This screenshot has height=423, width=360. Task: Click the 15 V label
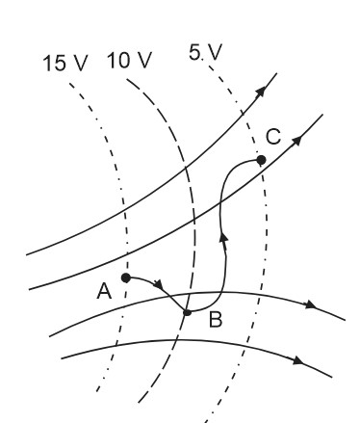tap(65, 63)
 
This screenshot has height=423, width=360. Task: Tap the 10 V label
tap(129, 60)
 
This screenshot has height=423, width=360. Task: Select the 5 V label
tap(205, 52)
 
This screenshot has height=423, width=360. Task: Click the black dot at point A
tap(126, 278)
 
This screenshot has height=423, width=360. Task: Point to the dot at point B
tap(187, 312)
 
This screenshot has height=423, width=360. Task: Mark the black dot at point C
tap(261, 160)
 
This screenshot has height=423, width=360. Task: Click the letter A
tap(104, 292)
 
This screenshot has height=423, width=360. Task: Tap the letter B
tap(216, 320)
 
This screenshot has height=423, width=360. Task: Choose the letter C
tap(273, 137)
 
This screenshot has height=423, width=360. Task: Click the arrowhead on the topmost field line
tap(261, 92)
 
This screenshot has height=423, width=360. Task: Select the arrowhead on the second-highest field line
tap(296, 141)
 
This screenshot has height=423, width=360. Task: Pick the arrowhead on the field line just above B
tap(311, 304)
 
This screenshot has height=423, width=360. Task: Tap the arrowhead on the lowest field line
tap(298, 360)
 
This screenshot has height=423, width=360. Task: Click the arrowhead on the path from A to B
tap(159, 284)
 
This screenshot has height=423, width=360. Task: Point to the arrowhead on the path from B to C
tap(223, 238)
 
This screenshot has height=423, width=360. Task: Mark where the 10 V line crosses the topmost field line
tap(186, 168)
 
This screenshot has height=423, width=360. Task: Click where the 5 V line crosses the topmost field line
tap(243, 113)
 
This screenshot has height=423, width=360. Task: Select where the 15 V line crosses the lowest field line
tap(116, 345)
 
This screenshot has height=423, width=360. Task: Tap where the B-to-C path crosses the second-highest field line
tap(220, 201)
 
